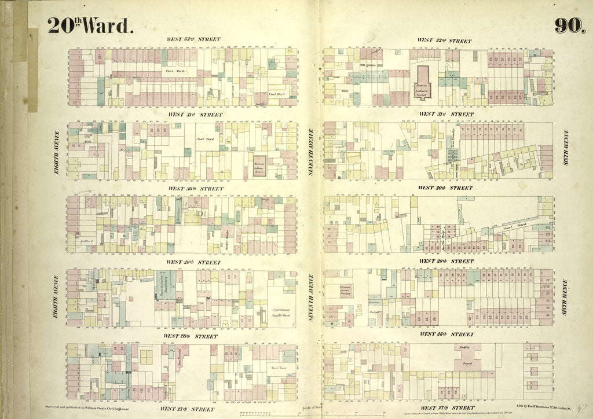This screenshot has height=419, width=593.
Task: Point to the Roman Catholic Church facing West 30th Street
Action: [x=259, y=164]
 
